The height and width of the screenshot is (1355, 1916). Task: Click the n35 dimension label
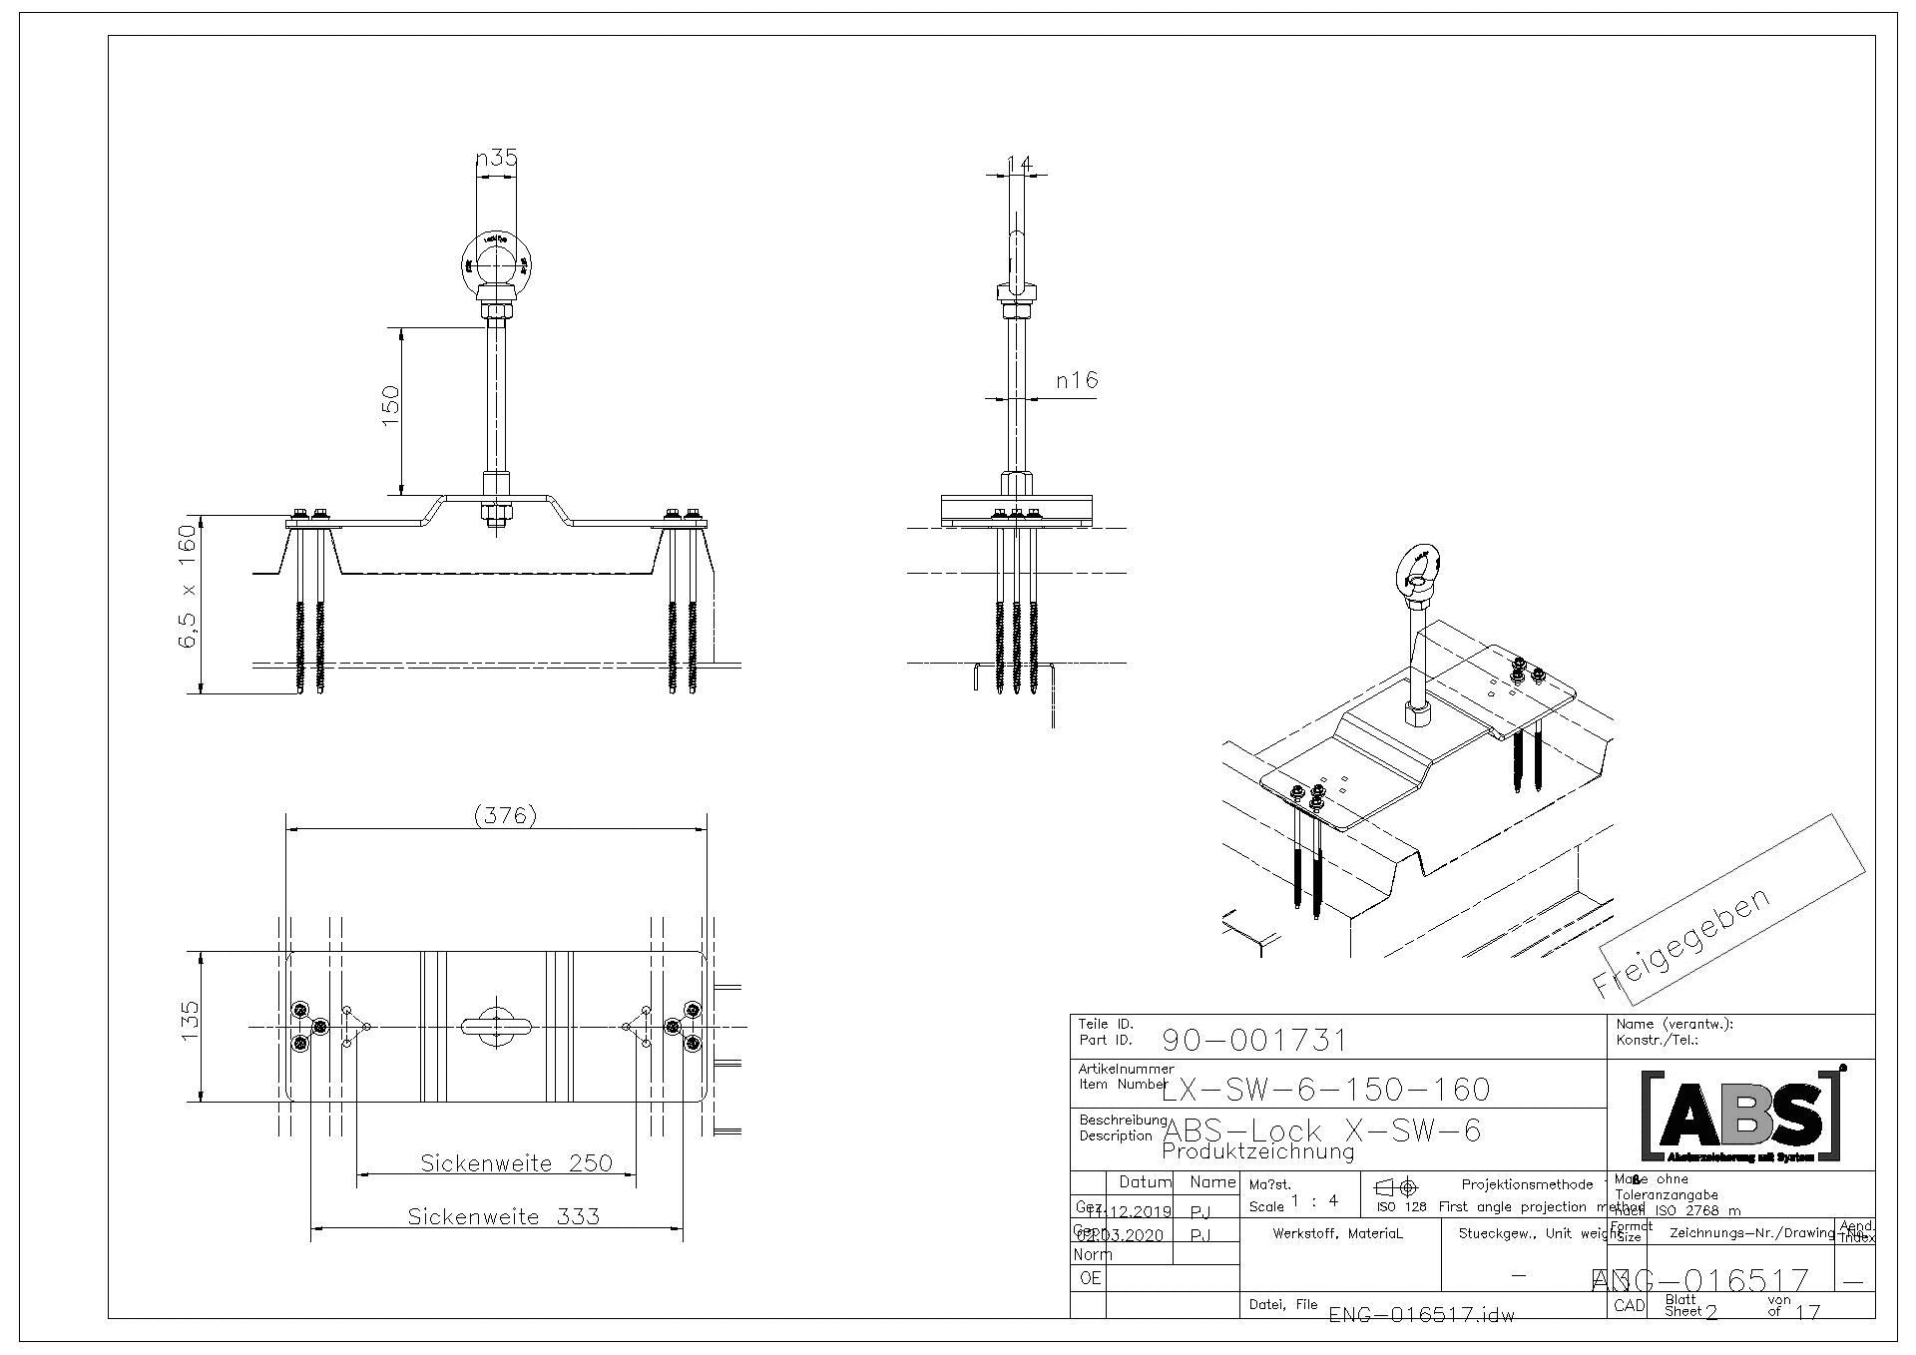pyautogui.click(x=496, y=158)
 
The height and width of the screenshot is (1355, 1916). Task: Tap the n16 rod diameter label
pyautogui.click(x=1077, y=380)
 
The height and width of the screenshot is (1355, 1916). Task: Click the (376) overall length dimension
pyautogui.click(x=505, y=815)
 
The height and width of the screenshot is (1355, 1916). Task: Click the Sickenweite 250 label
pyautogui.click(x=516, y=1163)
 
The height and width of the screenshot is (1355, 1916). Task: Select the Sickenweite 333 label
pyautogui.click(x=504, y=1216)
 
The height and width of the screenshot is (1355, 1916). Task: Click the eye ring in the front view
pyautogui.click(x=497, y=260)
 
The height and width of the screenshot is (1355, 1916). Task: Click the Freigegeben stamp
pyautogui.click(x=1682, y=942)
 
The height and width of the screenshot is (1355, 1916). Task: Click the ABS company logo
pyautogui.click(x=1741, y=1116)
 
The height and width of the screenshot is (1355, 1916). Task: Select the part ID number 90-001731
pyautogui.click(x=1254, y=1041)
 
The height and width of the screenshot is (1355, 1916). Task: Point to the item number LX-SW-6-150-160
pyautogui.click(x=1326, y=1089)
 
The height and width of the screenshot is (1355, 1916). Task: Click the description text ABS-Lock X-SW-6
pyautogui.click(x=1322, y=1130)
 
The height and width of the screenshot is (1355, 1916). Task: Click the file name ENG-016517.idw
pyautogui.click(x=1421, y=1314)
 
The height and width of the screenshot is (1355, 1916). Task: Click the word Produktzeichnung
pyautogui.click(x=1258, y=1152)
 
